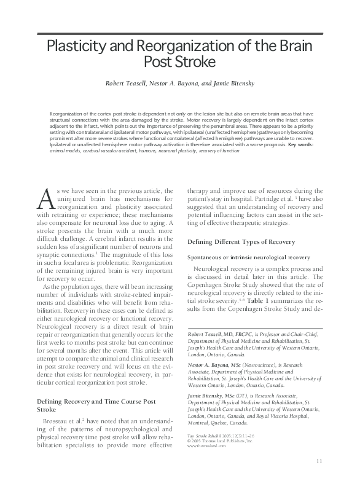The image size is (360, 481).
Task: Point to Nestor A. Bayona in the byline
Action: click(182, 82)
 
